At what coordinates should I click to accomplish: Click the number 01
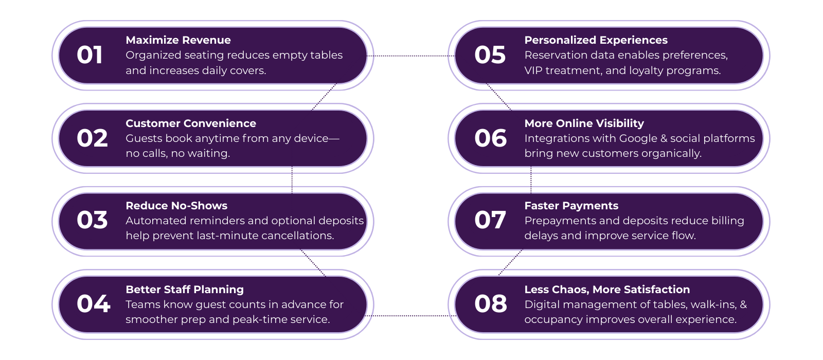tap(90, 56)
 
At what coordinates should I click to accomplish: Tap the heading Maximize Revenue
tap(178, 40)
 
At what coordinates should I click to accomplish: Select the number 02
tap(92, 138)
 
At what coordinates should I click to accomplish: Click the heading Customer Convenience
tap(190, 123)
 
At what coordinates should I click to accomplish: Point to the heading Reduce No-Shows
tap(176, 206)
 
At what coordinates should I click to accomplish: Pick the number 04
tap(93, 304)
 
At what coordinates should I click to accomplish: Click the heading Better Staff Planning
tap(184, 290)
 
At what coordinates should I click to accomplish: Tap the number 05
tap(490, 56)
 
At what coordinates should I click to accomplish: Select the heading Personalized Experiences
tap(596, 40)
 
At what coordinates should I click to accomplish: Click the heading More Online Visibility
tap(584, 123)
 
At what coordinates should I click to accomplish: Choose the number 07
tap(490, 221)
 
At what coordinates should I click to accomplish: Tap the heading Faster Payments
tap(571, 206)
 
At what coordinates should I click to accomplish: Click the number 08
tap(490, 304)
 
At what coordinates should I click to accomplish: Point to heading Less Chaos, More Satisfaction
tap(607, 290)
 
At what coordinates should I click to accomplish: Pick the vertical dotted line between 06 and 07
tap(531, 180)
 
